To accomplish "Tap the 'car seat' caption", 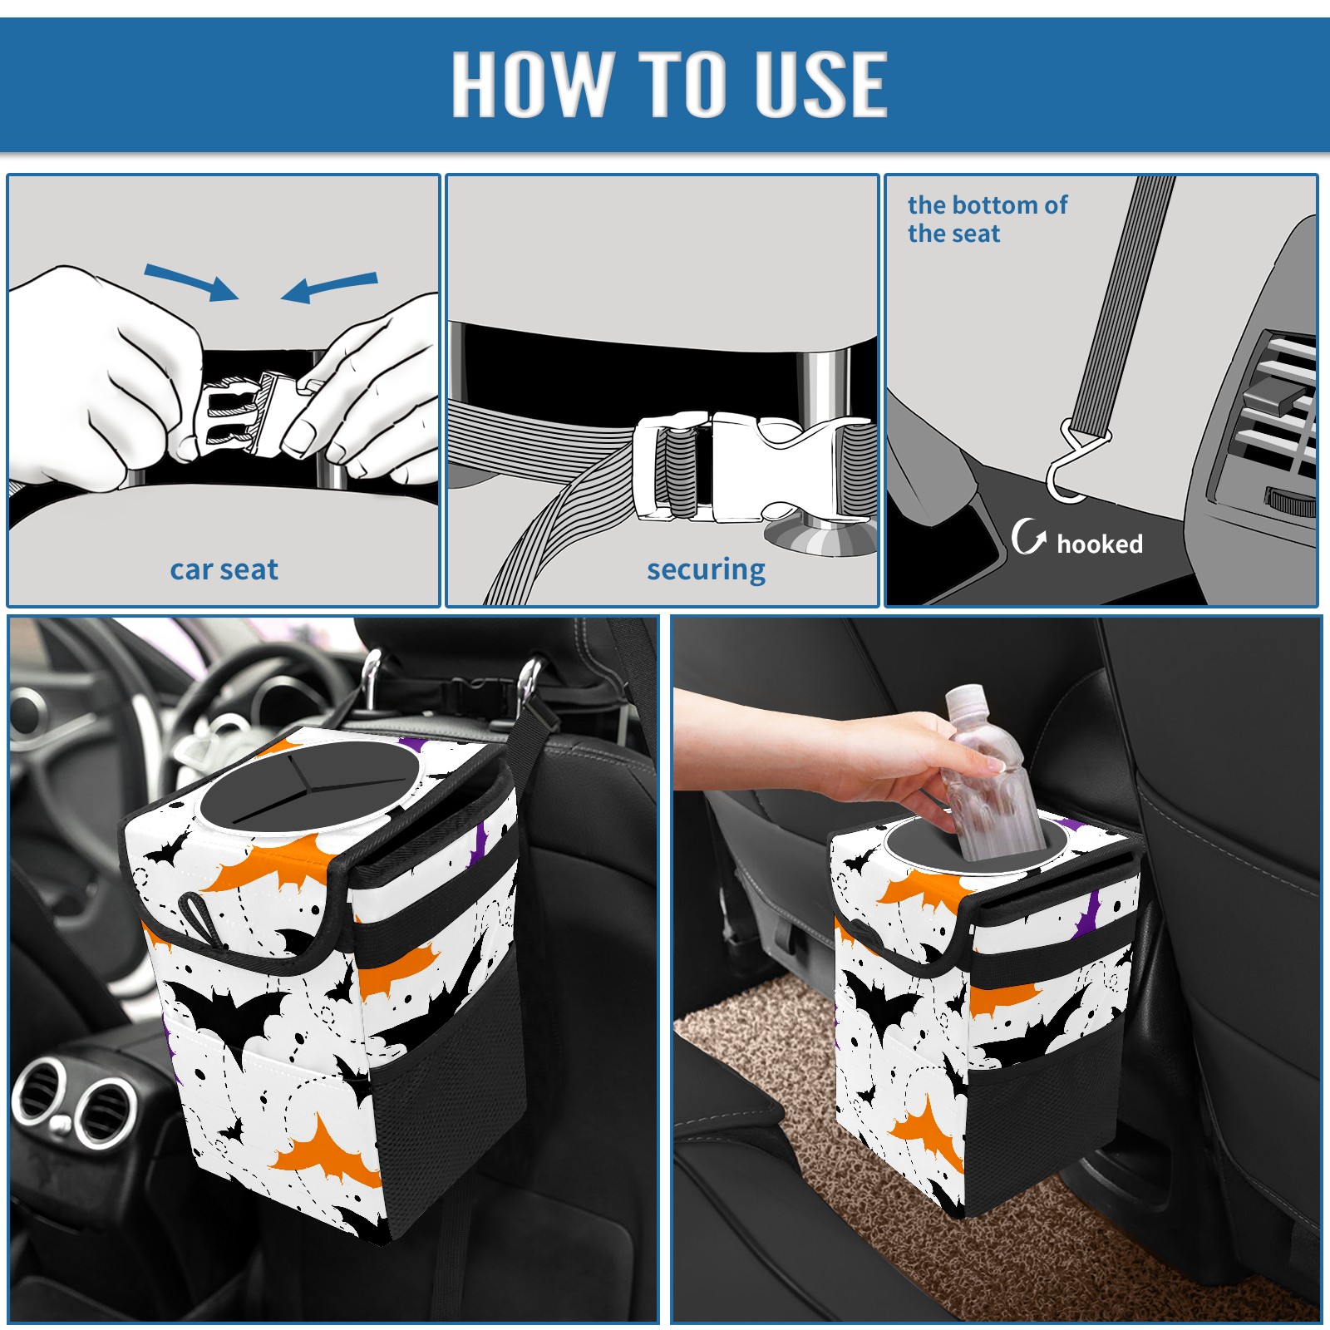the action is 224,569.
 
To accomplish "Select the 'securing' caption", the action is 706,570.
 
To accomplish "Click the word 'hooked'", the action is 1100,544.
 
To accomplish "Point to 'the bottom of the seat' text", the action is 987,219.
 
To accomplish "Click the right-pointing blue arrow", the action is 191,282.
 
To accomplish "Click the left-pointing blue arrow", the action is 329,287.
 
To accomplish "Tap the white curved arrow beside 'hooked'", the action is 1028,536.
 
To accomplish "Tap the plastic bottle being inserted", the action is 993,773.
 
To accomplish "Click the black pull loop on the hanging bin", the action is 202,919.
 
